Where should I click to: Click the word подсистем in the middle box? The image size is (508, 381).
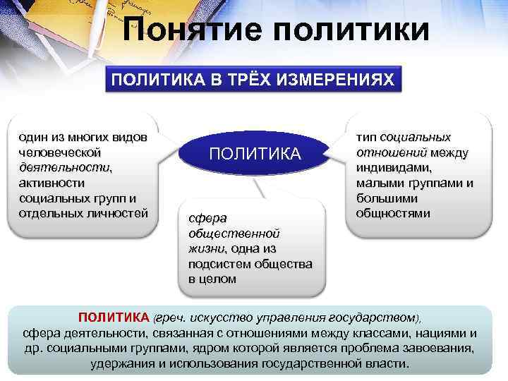tap(220, 263)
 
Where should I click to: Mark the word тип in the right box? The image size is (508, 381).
tap(366, 137)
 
